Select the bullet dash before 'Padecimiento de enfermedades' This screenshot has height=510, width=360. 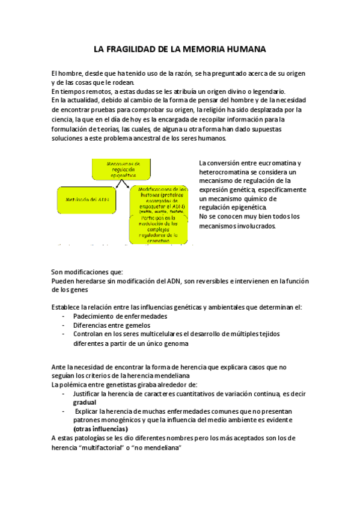click(x=64, y=316)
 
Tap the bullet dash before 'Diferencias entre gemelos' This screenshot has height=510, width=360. click(x=64, y=325)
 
